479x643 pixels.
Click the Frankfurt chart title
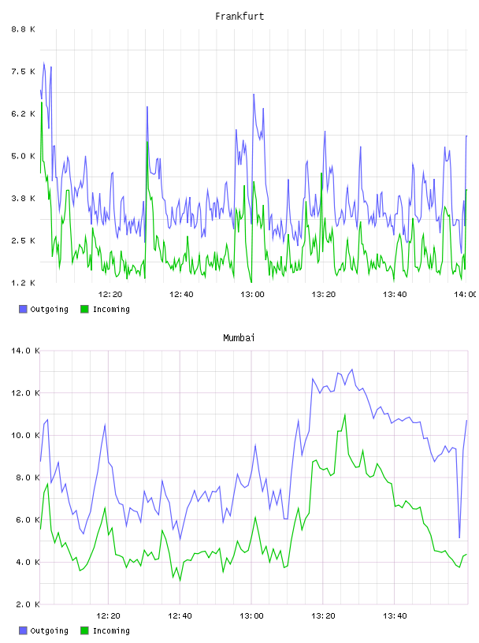click(x=239, y=17)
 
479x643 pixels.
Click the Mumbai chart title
click(x=239, y=338)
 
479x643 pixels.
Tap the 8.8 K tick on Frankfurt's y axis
click(x=24, y=29)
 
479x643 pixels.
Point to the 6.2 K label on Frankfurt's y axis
click(x=24, y=113)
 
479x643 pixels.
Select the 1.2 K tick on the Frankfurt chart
click(x=24, y=283)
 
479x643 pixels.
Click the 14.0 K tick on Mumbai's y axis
click(x=25, y=351)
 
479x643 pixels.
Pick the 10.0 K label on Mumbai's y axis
click(x=25, y=435)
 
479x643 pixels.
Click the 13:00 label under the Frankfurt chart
click(x=252, y=295)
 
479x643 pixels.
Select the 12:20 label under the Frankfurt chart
click(x=110, y=295)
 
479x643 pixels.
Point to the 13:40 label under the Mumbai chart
click(x=395, y=616)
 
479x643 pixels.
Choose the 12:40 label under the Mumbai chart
click(x=180, y=616)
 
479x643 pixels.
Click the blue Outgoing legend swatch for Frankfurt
click(x=23, y=309)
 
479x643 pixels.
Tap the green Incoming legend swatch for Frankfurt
click(x=84, y=309)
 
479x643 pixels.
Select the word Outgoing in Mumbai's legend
click(x=49, y=630)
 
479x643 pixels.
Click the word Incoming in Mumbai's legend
click(x=111, y=630)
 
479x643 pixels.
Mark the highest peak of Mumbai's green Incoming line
click(x=345, y=414)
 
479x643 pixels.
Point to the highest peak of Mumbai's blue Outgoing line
click(x=352, y=370)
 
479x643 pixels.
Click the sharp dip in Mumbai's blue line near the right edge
click(x=459, y=537)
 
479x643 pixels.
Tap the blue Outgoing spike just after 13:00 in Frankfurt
click(x=254, y=95)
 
